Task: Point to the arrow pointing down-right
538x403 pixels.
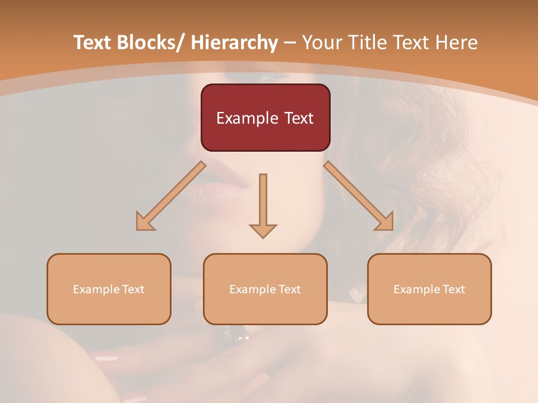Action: point(359,196)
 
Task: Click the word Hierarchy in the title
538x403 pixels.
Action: point(234,43)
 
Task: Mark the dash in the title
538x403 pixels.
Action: point(290,43)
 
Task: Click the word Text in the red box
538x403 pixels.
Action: point(298,118)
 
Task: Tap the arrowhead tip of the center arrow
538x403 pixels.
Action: point(263,237)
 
